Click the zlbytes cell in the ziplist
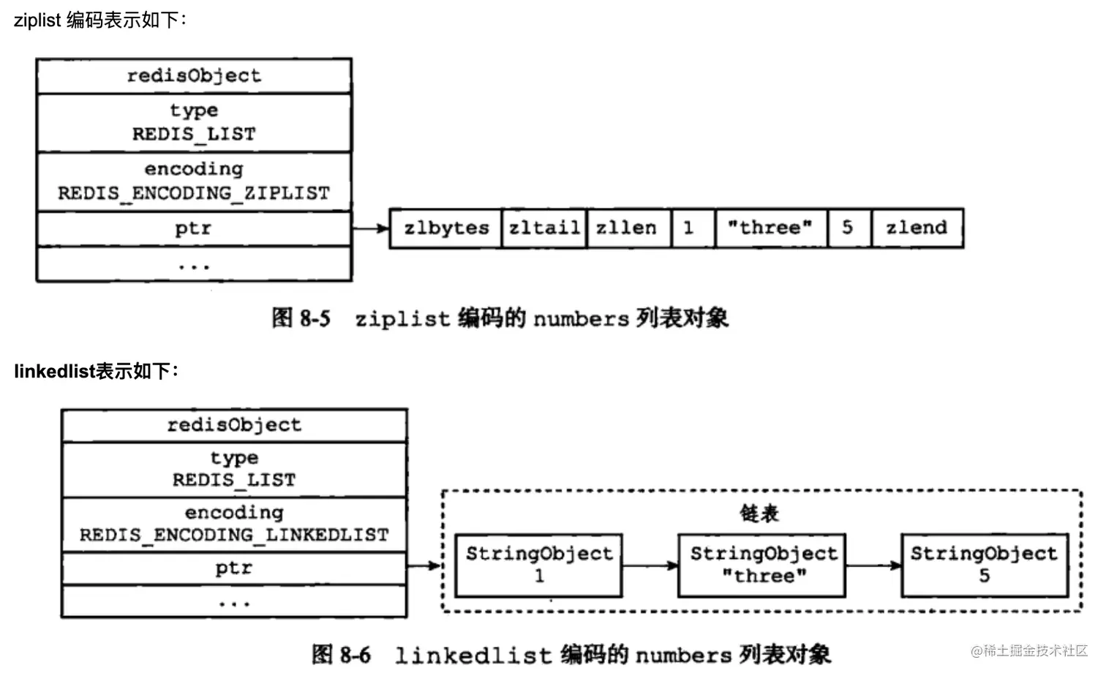click(x=445, y=228)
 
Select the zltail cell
click(x=544, y=228)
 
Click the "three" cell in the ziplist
click(x=771, y=228)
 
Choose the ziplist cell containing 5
click(x=849, y=228)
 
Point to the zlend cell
click(x=917, y=228)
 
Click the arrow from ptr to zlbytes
click(x=370, y=229)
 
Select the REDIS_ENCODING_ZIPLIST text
click(x=194, y=193)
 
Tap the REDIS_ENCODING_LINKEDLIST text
click(x=234, y=535)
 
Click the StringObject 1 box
click(x=539, y=565)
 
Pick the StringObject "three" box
click(x=762, y=565)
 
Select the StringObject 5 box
click(x=985, y=565)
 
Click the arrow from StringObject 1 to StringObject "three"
click(x=650, y=565)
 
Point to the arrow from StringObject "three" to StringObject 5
click(x=873, y=565)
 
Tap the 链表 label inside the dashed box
click(x=759, y=514)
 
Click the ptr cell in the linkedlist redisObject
click(x=234, y=568)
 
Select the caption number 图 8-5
click(x=301, y=318)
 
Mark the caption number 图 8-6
click(x=341, y=654)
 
